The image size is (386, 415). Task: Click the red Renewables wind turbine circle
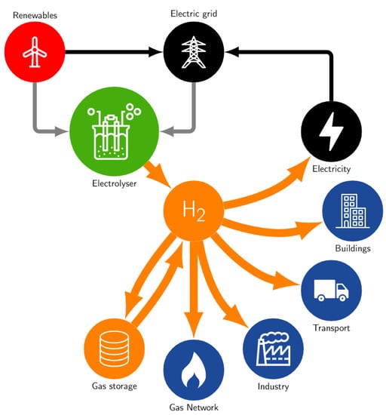click(x=35, y=52)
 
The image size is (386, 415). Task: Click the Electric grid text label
click(x=194, y=13)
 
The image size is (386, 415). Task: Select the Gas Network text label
click(x=194, y=407)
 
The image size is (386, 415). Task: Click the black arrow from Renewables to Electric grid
click(x=113, y=53)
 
